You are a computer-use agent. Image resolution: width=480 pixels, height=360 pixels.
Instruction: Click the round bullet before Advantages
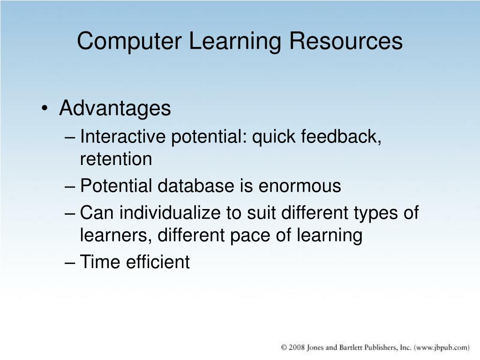click(45, 109)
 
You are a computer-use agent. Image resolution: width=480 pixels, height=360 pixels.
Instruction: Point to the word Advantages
click(115, 109)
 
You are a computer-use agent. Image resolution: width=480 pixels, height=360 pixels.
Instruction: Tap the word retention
click(116, 159)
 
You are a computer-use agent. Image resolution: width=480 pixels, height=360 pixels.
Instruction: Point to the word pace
click(245, 235)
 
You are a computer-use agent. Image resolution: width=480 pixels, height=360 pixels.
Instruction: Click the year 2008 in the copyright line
click(297, 347)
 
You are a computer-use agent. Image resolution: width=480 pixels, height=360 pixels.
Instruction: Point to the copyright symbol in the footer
click(284, 347)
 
